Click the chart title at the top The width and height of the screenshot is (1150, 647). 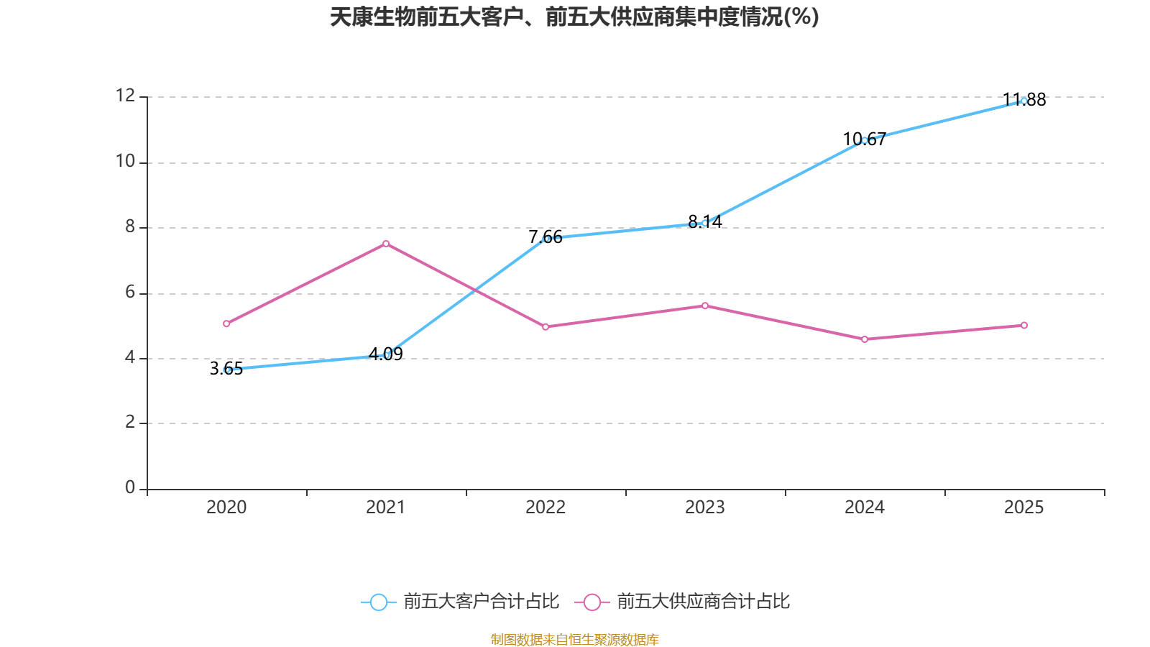coord(574,17)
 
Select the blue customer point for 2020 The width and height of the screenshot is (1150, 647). coord(226,370)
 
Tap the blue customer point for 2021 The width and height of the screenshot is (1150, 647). coord(387,354)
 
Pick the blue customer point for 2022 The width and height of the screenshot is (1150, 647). coord(546,238)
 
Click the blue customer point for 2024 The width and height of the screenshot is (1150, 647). coord(865,140)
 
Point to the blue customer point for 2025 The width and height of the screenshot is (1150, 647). coord(1023,101)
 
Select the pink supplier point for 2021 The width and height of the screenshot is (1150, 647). coord(386,244)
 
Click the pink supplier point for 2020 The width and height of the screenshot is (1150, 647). coord(226,323)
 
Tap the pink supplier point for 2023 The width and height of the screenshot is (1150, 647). coord(705,306)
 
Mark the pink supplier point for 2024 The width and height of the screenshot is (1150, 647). coord(865,339)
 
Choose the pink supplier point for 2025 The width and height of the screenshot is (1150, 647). coord(1024,325)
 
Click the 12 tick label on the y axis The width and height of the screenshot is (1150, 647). coord(125,96)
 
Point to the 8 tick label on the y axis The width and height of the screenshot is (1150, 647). coord(129,226)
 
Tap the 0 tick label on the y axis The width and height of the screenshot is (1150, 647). coord(129,487)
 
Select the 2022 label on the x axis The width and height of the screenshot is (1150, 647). coord(546,508)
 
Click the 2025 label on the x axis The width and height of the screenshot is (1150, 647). coord(1023,508)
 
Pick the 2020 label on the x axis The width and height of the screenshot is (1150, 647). coord(226,508)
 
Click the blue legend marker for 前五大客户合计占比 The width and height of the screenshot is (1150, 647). coord(378,602)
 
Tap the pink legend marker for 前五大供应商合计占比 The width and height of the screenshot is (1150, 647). coord(592,602)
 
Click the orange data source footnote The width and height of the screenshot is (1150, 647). coord(574,639)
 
